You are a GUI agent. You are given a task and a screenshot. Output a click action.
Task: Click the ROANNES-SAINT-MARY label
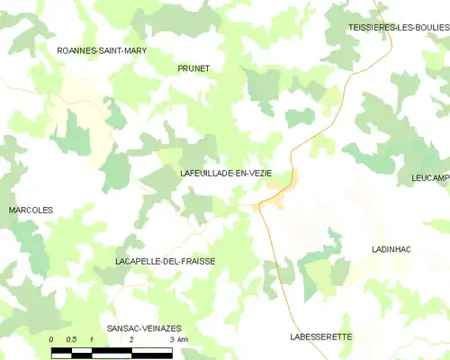pos(102,51)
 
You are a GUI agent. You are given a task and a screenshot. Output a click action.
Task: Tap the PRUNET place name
pos(193,68)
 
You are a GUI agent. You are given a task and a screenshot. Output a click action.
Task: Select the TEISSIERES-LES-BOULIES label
pos(399,29)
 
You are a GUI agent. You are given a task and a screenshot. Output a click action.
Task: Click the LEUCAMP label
pos(428,178)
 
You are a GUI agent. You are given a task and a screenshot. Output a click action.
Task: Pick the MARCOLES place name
pos(31,210)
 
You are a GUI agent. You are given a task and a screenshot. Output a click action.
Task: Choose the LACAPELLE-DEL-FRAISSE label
pos(166,260)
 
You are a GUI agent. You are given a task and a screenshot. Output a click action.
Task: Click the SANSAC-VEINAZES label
pos(144,329)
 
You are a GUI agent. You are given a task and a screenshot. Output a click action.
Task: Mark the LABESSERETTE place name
pos(321,337)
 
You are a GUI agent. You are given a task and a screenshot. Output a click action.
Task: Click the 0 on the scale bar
pos(52,339)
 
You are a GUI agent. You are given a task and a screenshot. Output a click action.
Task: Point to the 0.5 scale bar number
pos(71,339)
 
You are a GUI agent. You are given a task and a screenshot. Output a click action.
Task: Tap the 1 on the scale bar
pos(92,339)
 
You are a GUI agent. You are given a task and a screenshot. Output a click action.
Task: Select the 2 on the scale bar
pos(131,339)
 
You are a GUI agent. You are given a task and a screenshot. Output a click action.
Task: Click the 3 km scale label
pos(177,339)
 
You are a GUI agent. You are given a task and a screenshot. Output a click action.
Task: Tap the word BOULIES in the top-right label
pos(428,29)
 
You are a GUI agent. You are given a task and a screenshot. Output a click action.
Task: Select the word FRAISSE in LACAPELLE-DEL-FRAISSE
pos(197,260)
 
